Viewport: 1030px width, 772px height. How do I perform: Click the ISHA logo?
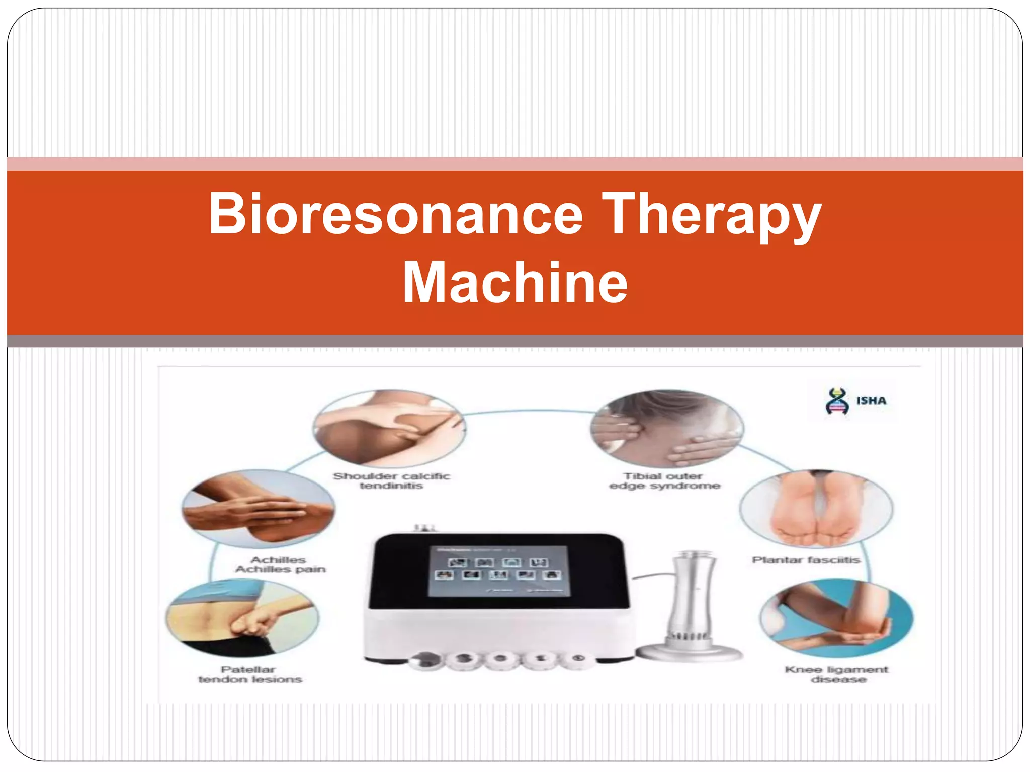[x=855, y=401]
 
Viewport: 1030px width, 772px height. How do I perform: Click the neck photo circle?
[x=666, y=428]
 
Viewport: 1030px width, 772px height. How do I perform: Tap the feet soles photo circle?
[x=816, y=509]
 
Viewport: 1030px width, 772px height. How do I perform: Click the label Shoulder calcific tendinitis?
[x=391, y=480]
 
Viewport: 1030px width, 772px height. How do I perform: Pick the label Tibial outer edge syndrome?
[x=664, y=480]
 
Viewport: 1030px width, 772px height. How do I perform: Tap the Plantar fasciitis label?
[x=806, y=560]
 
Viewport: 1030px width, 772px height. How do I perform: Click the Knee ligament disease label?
[x=836, y=674]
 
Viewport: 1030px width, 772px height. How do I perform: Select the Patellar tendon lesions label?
[x=249, y=674]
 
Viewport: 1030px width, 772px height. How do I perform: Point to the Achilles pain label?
[x=280, y=564]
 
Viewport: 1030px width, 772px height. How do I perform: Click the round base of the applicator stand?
[x=689, y=652]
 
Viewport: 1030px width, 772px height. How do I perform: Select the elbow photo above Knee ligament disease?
[x=836, y=618]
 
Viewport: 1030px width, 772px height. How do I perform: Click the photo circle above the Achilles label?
[x=258, y=509]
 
